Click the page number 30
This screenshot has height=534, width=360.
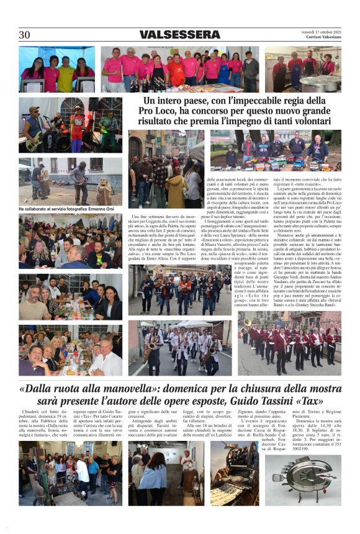coord(24,35)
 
